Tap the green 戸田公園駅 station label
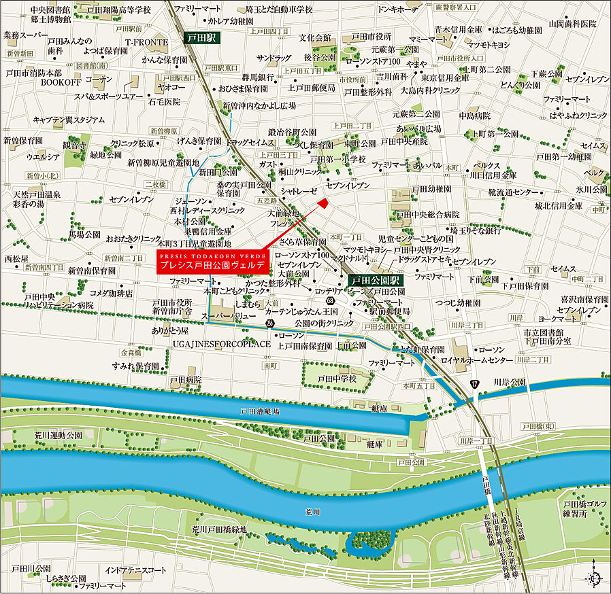click(376, 279)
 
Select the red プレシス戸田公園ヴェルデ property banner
click(213, 262)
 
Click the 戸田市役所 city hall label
click(371, 37)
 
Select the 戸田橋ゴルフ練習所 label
click(579, 508)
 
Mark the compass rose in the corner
click(594, 578)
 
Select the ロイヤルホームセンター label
click(477, 360)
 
